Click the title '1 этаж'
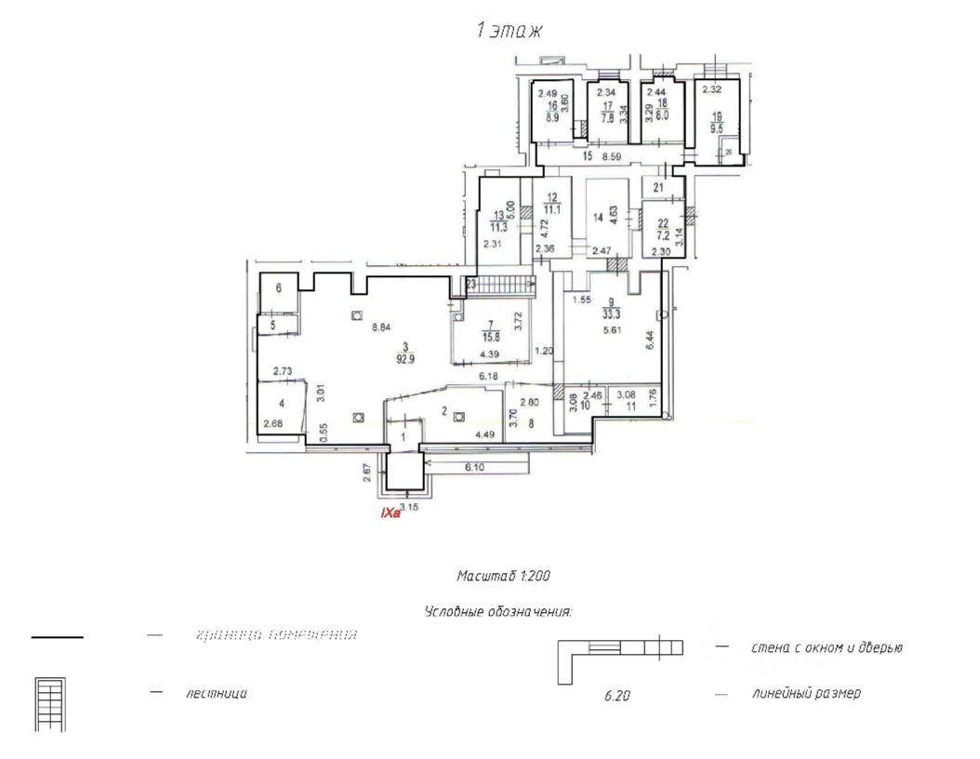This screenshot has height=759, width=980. pyautogui.click(x=509, y=31)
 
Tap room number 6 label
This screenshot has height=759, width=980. pyautogui.click(x=278, y=289)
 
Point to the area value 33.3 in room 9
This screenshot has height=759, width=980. pyautogui.click(x=611, y=313)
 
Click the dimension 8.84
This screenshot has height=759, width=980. pyautogui.click(x=380, y=327)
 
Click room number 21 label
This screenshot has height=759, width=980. pyautogui.click(x=659, y=188)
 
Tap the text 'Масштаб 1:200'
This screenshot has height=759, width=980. pyautogui.click(x=503, y=577)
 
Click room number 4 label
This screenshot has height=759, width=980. pyautogui.click(x=281, y=404)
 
